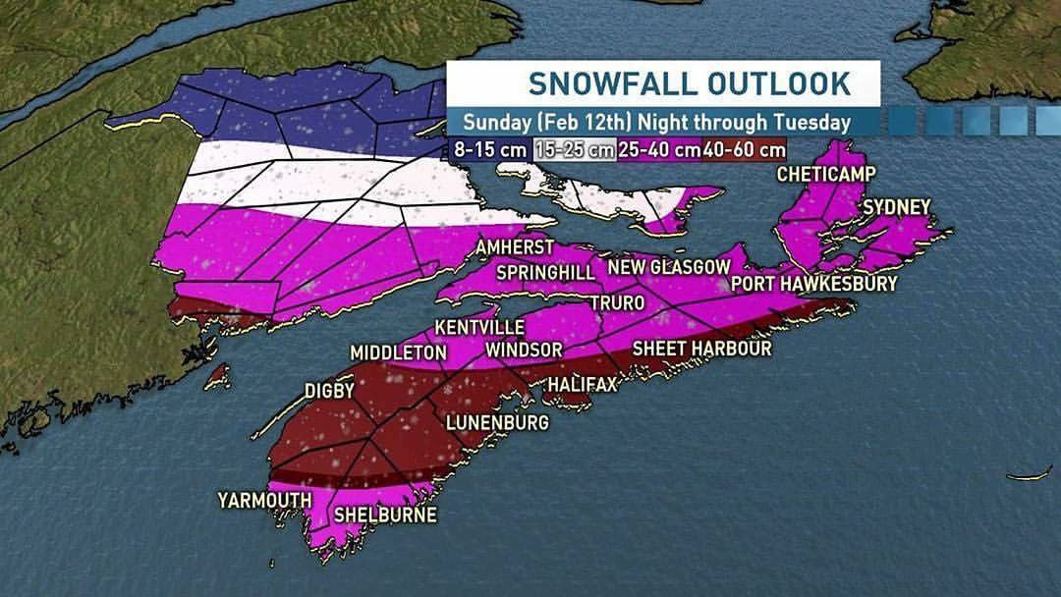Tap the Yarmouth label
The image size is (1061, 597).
(x=264, y=501)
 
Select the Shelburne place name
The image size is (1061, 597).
(x=385, y=515)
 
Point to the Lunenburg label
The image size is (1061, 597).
(x=496, y=423)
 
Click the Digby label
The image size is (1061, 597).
(x=329, y=391)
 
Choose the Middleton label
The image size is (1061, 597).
(x=398, y=353)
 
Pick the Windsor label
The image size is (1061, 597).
(x=524, y=351)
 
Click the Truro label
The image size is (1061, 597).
(x=617, y=302)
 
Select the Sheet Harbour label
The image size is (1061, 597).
(x=701, y=349)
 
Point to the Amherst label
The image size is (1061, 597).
(x=515, y=247)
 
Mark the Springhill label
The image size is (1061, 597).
(x=546, y=272)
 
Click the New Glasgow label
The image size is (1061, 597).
(x=669, y=267)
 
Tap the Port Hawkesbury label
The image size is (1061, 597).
(x=814, y=284)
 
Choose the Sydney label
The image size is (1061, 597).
(x=896, y=207)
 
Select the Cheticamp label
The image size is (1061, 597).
(x=825, y=174)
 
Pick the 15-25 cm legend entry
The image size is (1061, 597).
(x=575, y=150)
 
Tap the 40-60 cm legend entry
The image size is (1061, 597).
(x=744, y=150)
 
